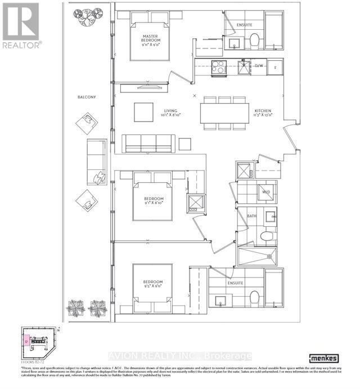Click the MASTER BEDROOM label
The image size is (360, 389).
(150, 38)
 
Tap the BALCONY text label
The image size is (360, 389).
(87, 97)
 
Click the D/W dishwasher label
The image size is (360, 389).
(259, 66)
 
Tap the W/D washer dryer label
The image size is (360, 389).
(266, 192)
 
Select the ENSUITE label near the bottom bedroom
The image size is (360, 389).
(235, 283)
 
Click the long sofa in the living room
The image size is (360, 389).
(148, 144)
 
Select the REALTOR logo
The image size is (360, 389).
(21, 25)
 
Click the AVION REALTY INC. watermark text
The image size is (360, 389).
(179, 356)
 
